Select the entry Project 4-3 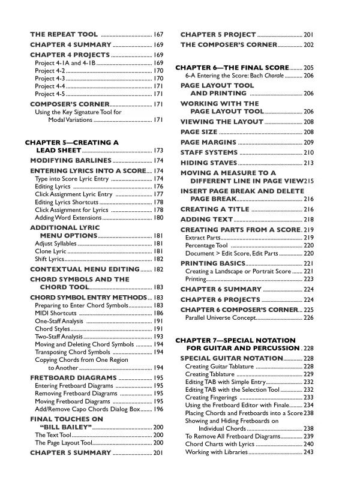click(x=50, y=78)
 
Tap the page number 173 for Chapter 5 click(x=158, y=150)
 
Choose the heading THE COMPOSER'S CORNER click(x=229, y=44)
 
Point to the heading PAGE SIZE click(x=199, y=131)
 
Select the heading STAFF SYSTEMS click(x=209, y=152)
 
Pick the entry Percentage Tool click(x=206, y=245)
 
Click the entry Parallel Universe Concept click(x=220, y=317)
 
